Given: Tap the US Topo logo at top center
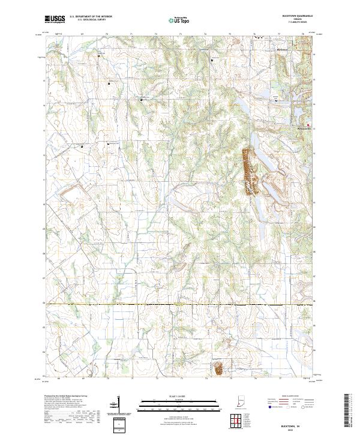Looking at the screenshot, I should pyautogui.click(x=179, y=19).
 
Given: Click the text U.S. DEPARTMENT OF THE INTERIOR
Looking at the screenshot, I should pyautogui.click(x=91, y=17).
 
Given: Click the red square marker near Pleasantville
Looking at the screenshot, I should pyautogui.click(x=310, y=125).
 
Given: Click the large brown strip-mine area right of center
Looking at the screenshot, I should pyautogui.click(x=248, y=170).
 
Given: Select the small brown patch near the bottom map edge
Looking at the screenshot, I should pyautogui.click(x=218, y=367).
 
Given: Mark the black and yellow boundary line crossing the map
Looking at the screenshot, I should pyautogui.click(x=180, y=305).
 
